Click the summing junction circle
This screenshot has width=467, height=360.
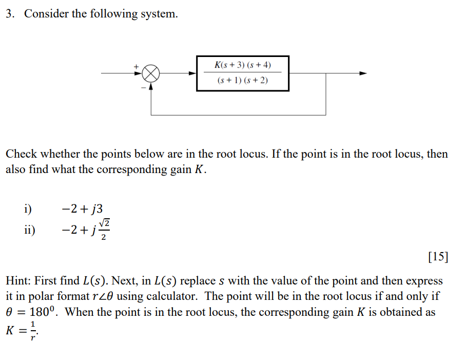pyautogui.click(x=151, y=73)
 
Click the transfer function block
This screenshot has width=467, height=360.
pyautogui.click(x=242, y=73)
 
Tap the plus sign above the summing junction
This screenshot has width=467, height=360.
pyautogui.click(x=137, y=66)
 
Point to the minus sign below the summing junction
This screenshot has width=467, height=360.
pyautogui.click(x=143, y=87)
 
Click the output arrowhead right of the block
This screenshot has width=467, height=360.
pyautogui.click(x=363, y=73)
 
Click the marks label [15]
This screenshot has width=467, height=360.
pyautogui.click(x=437, y=257)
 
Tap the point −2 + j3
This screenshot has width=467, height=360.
pyautogui.click(x=82, y=209)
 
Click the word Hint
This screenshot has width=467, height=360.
pyautogui.click(x=18, y=281)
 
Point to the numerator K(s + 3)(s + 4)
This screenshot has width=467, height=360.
pyautogui.click(x=242, y=65)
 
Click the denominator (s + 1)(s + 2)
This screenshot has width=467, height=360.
pyautogui.click(x=242, y=81)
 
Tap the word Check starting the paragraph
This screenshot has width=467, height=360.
pyautogui.click(x=22, y=154)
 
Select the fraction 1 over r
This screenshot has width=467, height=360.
pyautogui.click(x=33, y=329)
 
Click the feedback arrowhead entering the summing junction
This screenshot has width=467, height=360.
pyautogui.click(x=151, y=86)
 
